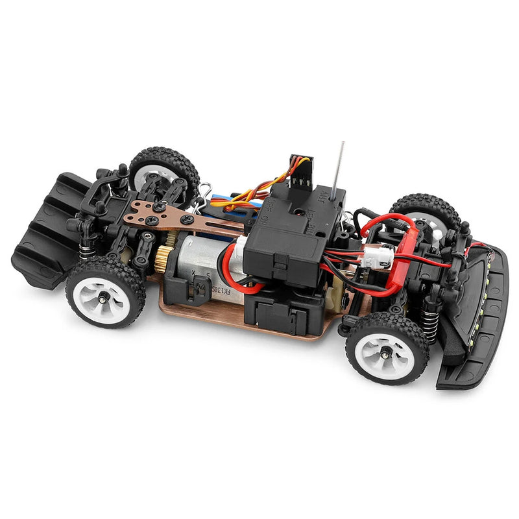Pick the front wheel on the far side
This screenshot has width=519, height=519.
[x=426, y=214]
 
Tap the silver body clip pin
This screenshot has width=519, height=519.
[x=205, y=192]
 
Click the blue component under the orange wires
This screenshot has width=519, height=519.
[x=234, y=198]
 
